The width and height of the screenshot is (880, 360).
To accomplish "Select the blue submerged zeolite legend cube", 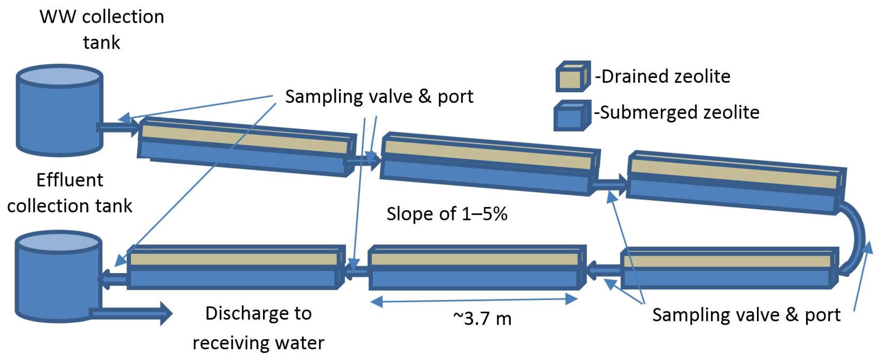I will (571, 116).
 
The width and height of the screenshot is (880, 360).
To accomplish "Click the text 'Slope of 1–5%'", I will (446, 214).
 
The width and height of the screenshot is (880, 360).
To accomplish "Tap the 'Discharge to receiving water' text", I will (258, 328).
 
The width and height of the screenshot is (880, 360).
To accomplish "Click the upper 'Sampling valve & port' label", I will (379, 96).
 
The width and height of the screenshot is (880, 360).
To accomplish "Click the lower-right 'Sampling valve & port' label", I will (746, 315).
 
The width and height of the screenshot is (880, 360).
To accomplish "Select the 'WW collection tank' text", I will (102, 29).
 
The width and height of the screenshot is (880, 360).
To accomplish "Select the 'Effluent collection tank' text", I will (70, 193).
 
